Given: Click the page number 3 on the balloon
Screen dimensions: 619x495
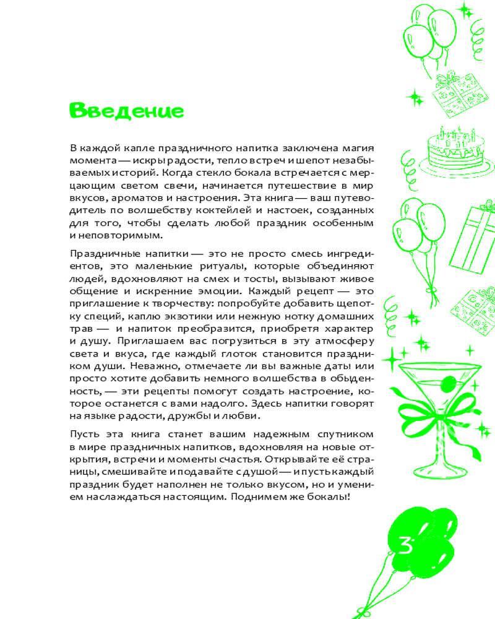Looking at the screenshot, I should (406, 545).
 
